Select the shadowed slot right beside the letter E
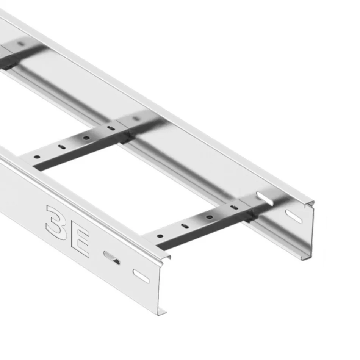pos(112,257)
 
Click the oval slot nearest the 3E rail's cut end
pos(141,276)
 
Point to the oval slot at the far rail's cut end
pos(294,216)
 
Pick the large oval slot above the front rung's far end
pos(265,198)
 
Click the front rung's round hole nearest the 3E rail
pos(160,236)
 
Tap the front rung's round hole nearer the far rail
pos(209,217)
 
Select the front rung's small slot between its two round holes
pos(185,226)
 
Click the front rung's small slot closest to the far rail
pos(234,207)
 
